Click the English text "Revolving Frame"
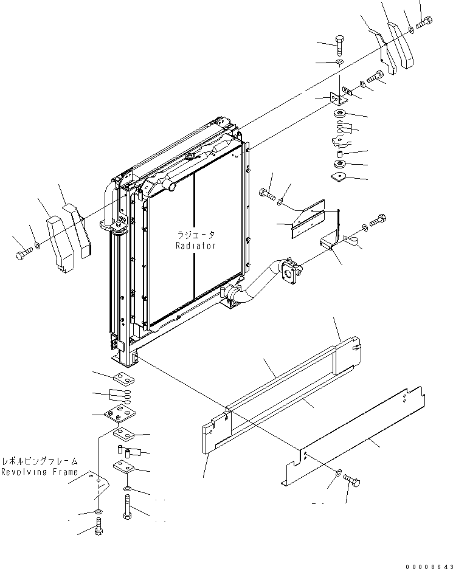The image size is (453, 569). [39, 472]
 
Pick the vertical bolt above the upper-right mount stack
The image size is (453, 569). [340, 46]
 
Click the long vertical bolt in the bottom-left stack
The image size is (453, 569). [127, 506]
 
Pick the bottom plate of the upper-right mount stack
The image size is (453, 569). [339, 176]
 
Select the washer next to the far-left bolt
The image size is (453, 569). [38, 246]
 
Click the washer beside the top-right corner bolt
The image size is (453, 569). [412, 29]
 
